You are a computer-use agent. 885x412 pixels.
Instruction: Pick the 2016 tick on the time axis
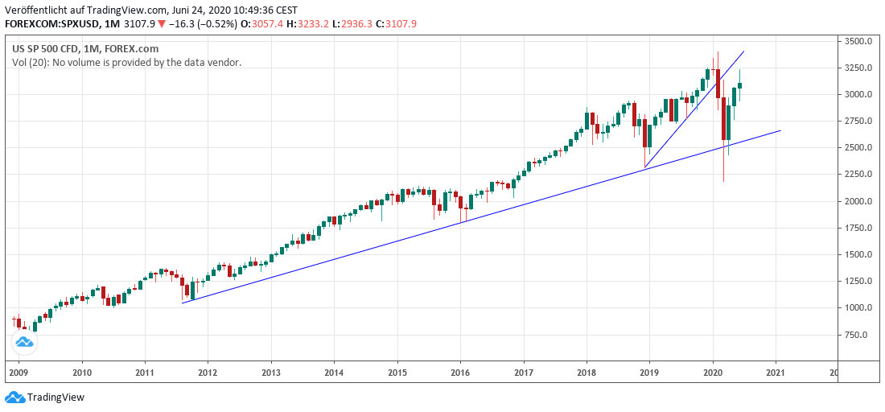459,373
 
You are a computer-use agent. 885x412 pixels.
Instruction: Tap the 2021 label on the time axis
776,373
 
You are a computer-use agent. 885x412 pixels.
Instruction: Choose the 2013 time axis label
270,373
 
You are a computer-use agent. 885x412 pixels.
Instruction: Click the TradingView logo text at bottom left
56,398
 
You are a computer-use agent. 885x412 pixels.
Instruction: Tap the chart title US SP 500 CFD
48,48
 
